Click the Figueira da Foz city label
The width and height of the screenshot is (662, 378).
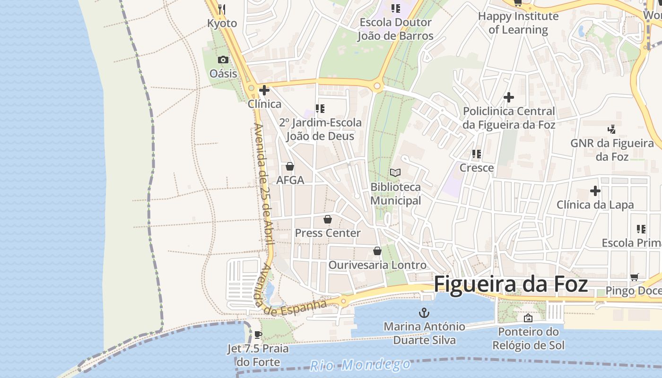click(511, 284)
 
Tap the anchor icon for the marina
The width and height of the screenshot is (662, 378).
click(424, 312)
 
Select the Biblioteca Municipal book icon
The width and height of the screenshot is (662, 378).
click(395, 173)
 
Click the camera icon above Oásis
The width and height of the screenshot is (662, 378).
click(223, 60)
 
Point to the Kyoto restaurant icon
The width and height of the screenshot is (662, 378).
click(222, 9)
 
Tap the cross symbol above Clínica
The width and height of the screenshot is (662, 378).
click(264, 90)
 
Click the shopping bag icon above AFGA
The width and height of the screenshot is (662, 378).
click(290, 166)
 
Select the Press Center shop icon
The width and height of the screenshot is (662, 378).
click(327, 219)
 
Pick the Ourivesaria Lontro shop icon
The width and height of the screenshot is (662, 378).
click(377, 251)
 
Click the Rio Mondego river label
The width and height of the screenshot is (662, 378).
click(360, 365)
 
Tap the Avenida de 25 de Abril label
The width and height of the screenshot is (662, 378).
click(264, 184)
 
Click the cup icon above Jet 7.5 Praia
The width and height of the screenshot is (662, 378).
click(258, 335)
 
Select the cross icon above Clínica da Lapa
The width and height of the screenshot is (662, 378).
click(595, 191)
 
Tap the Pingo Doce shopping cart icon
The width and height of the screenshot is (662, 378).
click(635, 277)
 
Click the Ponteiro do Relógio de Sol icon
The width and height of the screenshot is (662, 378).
click(528, 318)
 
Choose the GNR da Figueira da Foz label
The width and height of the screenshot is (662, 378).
click(612, 149)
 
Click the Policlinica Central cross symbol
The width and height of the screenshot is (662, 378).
click(509, 97)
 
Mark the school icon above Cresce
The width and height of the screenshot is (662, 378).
click(477, 154)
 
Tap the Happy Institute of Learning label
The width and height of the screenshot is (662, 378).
click(518, 23)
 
